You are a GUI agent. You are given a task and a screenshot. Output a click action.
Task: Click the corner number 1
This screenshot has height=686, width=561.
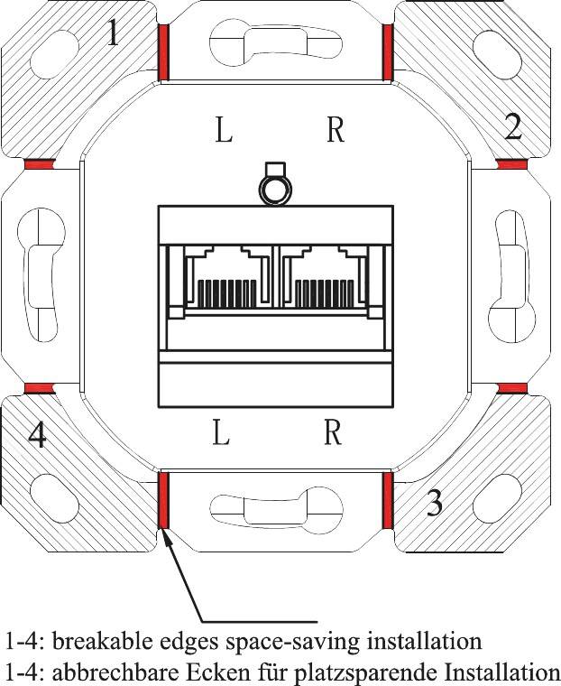click(x=112, y=34)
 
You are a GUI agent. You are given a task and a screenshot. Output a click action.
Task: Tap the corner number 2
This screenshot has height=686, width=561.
click(x=512, y=127)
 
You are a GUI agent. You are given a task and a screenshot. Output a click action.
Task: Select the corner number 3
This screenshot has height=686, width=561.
click(x=434, y=503)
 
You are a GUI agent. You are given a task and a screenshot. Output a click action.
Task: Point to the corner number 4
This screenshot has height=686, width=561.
click(x=36, y=437)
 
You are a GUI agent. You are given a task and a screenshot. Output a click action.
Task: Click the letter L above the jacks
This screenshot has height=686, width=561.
click(x=224, y=132)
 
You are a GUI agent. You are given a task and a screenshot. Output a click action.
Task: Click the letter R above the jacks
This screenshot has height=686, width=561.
click(x=335, y=132)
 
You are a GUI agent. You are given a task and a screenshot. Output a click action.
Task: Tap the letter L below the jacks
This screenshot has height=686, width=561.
click(x=222, y=434)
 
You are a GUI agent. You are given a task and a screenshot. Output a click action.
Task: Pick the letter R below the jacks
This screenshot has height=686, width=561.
click(x=332, y=434)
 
